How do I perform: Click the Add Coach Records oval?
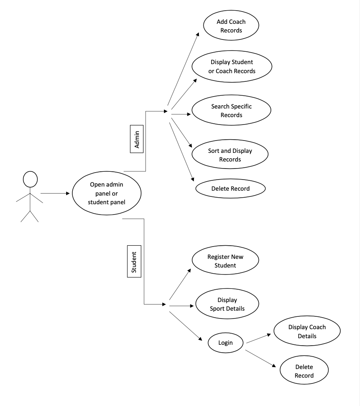pos(231,25)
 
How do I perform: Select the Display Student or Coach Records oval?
pos(233,67)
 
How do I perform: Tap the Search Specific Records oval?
pos(231,111)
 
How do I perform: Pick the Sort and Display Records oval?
pos(230,155)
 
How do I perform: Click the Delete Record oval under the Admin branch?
pos(230,189)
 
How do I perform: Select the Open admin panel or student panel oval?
pos(106,193)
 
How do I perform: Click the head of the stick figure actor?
pos(30,179)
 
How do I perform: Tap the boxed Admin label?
pos(137,139)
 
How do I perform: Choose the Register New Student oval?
pos(226,261)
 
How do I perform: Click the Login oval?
pos(225,342)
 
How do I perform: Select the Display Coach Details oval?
pos(307,332)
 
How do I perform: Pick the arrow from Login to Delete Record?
pos(260,358)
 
